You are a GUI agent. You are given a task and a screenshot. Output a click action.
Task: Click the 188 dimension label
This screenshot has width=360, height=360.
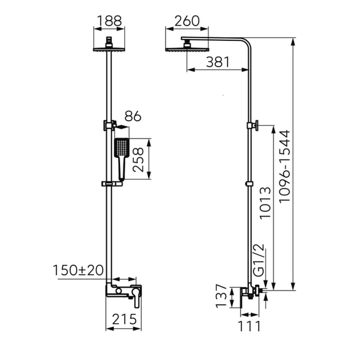click(x=109, y=21)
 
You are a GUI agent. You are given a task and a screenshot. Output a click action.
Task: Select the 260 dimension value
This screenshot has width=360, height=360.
click(x=187, y=21)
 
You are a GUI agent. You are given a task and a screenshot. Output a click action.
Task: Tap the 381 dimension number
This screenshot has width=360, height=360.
click(x=218, y=62)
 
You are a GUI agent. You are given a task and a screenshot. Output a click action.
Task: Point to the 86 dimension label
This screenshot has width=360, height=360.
click(x=133, y=116)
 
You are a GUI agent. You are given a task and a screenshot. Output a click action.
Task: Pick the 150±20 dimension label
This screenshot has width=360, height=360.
click(x=78, y=270)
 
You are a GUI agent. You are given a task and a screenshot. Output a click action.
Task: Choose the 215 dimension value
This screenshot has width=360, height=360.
click(x=124, y=319)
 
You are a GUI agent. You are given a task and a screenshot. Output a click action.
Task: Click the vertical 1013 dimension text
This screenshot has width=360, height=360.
click(x=265, y=203)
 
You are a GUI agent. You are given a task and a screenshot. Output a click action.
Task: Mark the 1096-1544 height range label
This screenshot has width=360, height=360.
click(x=285, y=166)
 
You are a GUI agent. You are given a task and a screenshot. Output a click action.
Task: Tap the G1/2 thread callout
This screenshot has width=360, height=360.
click(x=259, y=260)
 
